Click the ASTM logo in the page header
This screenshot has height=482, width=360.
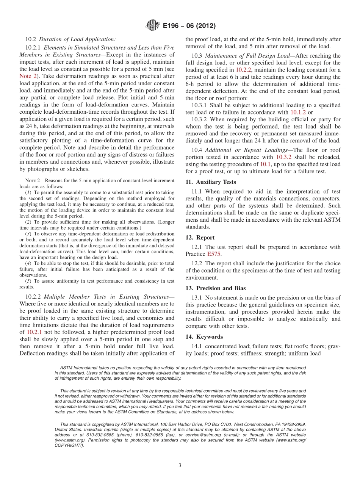153,26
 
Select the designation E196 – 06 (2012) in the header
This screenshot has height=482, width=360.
189,26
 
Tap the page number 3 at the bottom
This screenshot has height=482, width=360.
180,465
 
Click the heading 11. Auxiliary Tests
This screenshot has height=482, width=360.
211,182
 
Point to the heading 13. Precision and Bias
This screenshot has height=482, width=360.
215,288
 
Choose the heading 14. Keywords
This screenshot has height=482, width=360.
204,336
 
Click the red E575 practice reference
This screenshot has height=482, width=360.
214,254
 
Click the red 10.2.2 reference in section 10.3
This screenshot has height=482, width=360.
243,70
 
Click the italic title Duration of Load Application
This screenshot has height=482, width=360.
77,39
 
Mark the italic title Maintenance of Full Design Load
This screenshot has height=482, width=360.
247,56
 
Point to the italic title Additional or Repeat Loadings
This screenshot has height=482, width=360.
246,150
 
